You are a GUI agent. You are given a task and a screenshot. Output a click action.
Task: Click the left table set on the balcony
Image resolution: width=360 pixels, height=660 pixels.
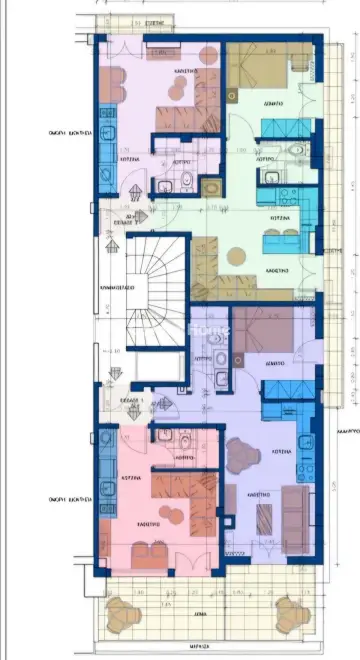[124, 610]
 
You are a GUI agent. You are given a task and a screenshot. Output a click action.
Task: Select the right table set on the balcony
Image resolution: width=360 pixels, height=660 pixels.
[290, 610]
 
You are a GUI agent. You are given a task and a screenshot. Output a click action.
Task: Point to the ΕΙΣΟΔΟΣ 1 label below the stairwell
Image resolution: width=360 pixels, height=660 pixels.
[129, 398]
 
